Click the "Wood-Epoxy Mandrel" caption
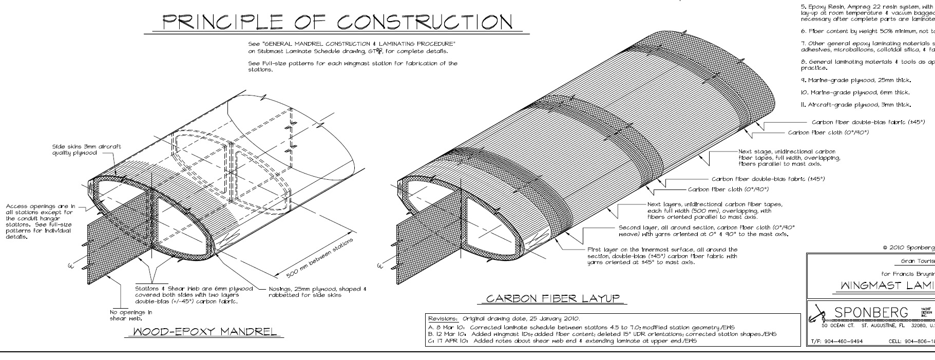(x=204, y=331)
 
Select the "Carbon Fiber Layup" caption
(x=552, y=298)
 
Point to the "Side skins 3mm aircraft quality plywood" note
(x=86, y=149)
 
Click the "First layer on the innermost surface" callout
(x=662, y=256)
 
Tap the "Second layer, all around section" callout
(x=707, y=231)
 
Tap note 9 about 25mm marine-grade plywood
(x=855, y=80)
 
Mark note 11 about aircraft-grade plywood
(x=855, y=105)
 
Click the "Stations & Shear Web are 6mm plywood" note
(x=194, y=295)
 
